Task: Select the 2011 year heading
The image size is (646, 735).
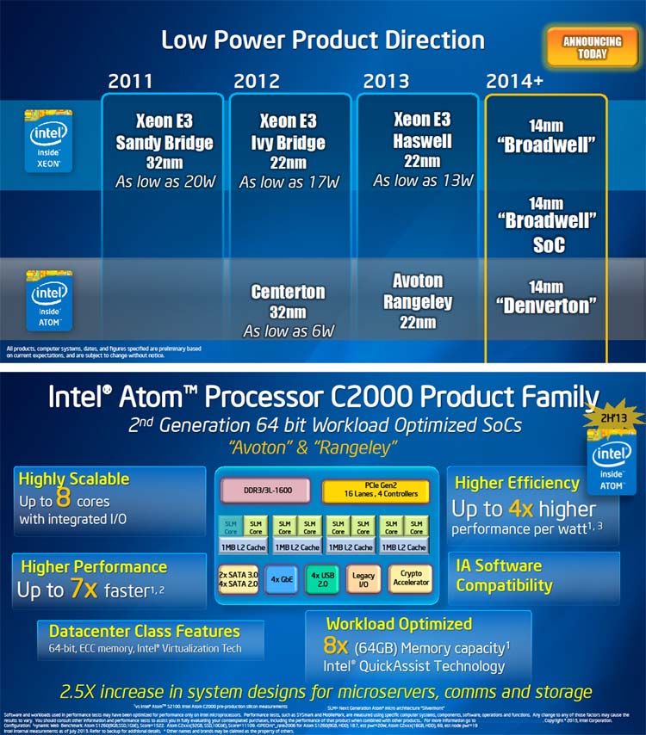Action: tap(130, 82)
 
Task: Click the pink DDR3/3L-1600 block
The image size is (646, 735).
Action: tap(266, 490)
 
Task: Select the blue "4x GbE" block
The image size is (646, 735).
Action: tap(281, 579)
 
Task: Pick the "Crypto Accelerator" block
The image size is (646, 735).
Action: tap(410, 578)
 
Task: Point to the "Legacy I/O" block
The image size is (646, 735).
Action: tap(363, 579)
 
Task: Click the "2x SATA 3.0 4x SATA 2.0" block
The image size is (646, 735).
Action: tap(238, 579)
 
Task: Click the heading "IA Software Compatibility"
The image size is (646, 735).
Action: tap(504, 576)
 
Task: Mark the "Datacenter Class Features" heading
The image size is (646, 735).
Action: tap(144, 631)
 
